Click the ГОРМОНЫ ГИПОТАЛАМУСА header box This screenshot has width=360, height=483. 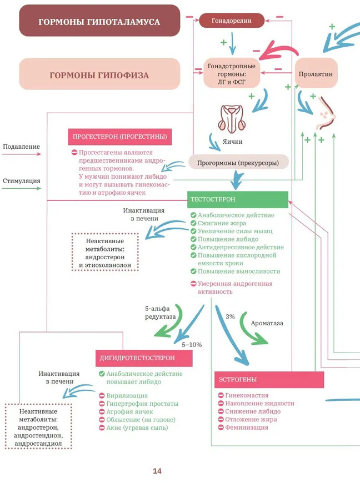[x=99, y=21]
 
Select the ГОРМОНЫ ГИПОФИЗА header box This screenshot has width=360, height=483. [x=99, y=74]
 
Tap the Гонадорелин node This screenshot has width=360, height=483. [x=231, y=21]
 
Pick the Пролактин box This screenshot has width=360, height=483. [x=316, y=73]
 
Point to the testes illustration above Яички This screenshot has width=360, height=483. [x=232, y=118]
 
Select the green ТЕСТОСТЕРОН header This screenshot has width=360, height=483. [x=238, y=199]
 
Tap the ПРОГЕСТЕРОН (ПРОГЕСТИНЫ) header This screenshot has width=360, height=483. [x=119, y=137]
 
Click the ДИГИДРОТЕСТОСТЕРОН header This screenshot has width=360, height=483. [x=145, y=358]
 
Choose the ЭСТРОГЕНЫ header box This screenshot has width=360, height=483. [x=269, y=380]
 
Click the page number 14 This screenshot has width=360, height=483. [x=157, y=471]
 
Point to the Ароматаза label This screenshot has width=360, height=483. [x=267, y=323]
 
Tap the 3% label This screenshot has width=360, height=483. [x=230, y=316]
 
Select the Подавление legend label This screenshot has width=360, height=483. [x=22, y=147]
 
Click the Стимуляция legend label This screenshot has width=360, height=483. [x=22, y=180]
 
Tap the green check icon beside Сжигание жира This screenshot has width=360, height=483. [x=193, y=223]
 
